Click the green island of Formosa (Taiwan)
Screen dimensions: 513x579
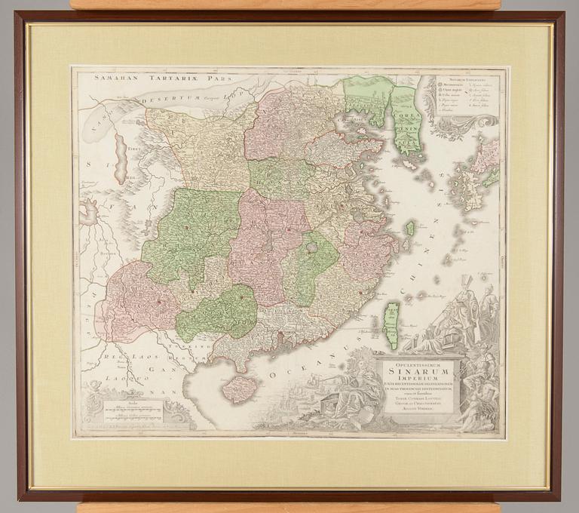[391, 324]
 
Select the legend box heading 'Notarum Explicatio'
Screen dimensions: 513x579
[468, 78]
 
